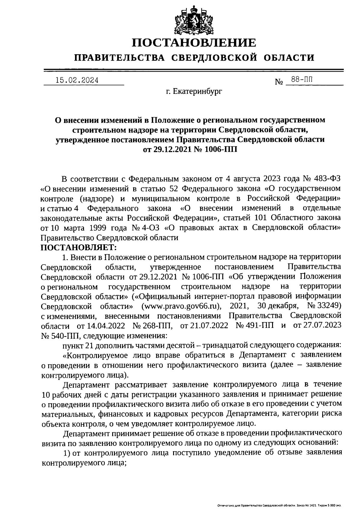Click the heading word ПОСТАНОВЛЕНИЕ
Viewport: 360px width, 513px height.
[x=195, y=43]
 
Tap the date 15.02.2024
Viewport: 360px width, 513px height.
[x=77, y=80]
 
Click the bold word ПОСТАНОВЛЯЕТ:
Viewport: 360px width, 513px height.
[x=78, y=248]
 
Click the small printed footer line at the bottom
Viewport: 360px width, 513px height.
[x=279, y=506]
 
